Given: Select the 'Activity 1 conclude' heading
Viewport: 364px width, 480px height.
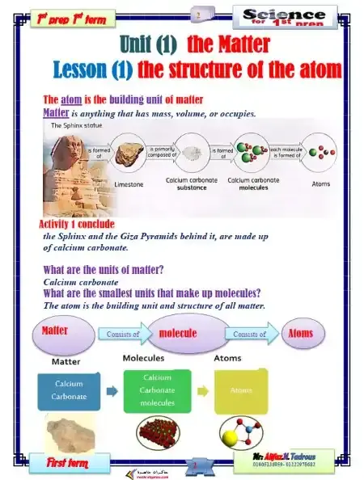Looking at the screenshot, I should tap(77, 223).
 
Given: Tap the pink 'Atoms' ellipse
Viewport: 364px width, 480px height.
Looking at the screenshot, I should tap(300, 333).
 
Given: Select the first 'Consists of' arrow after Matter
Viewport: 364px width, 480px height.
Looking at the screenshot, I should tap(121, 333).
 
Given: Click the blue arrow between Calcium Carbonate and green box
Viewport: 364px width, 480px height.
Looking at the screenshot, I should tap(112, 390).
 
